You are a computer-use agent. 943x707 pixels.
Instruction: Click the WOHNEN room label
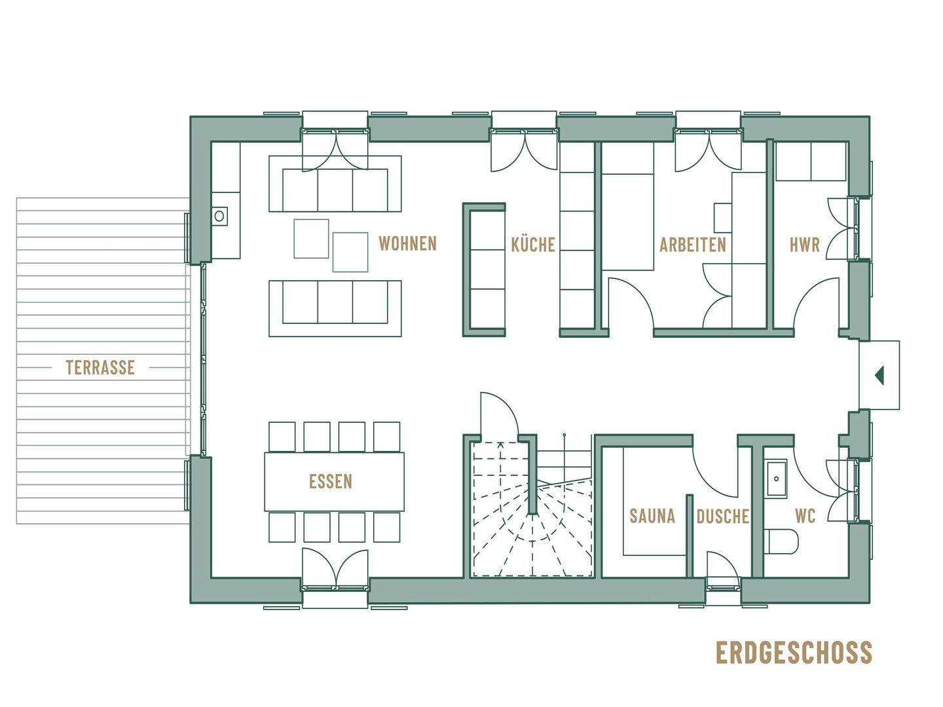point(407,244)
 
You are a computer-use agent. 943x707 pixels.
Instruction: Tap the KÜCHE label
point(532,245)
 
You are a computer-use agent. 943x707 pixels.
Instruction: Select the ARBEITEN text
point(692,245)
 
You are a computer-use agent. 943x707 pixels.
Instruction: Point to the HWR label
point(804,245)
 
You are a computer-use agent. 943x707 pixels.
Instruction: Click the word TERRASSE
point(100,367)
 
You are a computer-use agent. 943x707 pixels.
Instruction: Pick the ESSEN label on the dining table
point(331,482)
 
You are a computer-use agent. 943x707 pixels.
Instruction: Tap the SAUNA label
point(652,516)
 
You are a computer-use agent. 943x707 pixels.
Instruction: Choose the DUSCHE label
point(722,517)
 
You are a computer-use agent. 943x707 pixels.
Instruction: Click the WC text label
point(805,516)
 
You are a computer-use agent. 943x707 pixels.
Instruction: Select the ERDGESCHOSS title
point(794,653)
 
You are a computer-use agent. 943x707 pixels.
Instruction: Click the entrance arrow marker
point(879,375)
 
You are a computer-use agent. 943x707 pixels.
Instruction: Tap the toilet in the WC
point(781,541)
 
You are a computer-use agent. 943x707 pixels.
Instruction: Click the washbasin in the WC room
point(777,479)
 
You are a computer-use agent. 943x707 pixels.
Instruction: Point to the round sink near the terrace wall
point(220,215)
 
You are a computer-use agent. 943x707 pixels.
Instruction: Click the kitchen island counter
point(485,270)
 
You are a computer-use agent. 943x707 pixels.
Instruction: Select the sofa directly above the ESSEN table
point(335,308)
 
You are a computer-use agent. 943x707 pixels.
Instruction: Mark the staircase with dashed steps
point(532,517)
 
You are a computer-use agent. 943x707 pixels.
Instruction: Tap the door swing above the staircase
point(499,412)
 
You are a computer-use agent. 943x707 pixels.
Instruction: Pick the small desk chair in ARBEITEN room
point(722,217)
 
